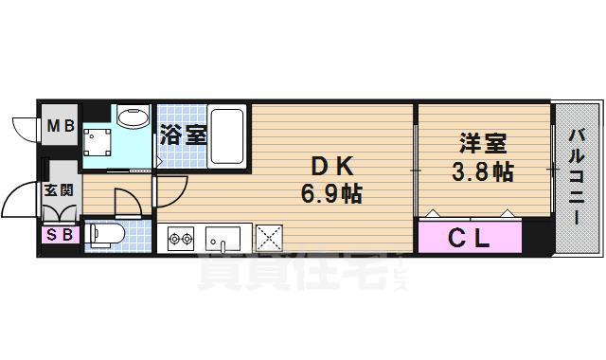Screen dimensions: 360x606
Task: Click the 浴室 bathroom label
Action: point(182,135)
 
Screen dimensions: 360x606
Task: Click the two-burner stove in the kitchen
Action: point(181,238)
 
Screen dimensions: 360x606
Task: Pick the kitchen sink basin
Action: point(226,238)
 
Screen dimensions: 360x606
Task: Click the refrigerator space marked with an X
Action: point(269,237)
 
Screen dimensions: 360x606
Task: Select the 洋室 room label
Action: point(482,144)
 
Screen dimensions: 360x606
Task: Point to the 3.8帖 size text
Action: point(482,172)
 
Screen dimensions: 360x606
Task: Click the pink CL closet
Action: point(470,238)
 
